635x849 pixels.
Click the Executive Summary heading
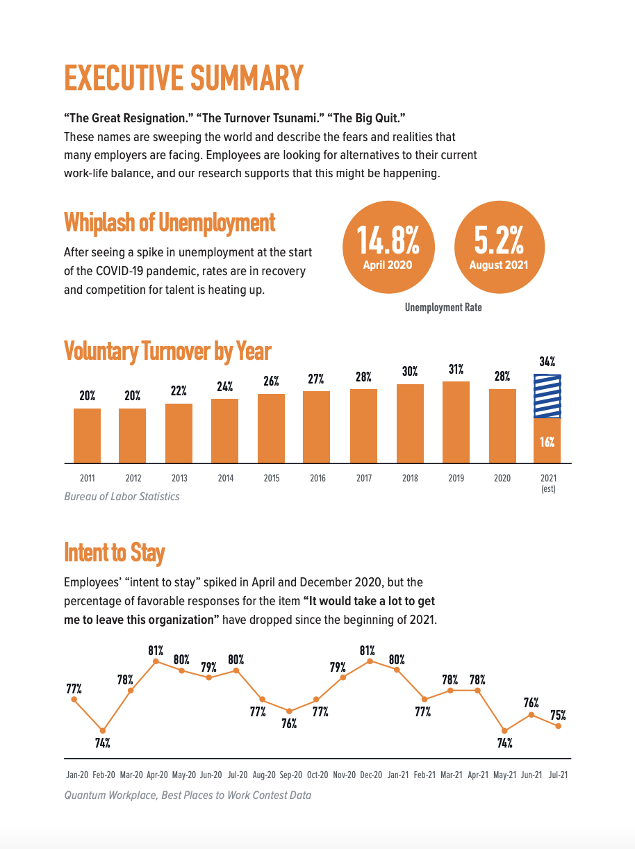coord(183,78)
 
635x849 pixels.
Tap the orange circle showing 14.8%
coord(388,247)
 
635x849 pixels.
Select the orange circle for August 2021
coord(499,247)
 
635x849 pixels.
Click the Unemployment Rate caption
coord(443,307)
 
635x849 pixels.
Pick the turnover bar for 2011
coord(88,436)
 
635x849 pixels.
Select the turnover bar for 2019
coord(456,422)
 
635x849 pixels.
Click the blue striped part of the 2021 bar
coord(547,396)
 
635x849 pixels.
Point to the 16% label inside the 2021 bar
coord(547,442)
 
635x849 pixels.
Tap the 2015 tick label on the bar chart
coord(271,479)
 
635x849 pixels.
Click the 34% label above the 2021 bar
coord(547,362)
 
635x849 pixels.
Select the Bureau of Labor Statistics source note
coord(122,497)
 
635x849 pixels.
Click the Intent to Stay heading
coord(114,553)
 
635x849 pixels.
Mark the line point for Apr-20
coord(156,661)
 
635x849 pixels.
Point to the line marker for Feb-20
coord(103,730)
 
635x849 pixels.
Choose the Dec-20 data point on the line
coord(370,661)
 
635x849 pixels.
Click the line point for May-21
coord(505,730)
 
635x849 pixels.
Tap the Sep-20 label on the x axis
coord(291,775)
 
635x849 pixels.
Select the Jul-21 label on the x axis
coord(558,775)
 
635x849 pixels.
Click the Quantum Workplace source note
coord(188,795)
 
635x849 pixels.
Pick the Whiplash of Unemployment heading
coord(170,223)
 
